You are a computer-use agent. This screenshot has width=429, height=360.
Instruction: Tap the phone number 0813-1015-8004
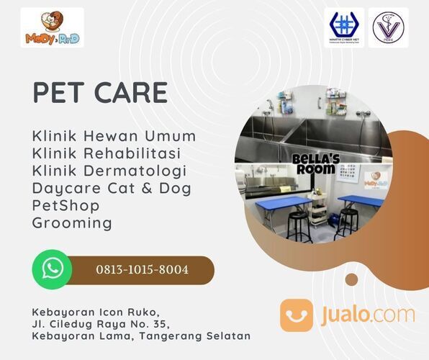143,270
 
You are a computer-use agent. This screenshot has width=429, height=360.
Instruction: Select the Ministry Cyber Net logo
343,27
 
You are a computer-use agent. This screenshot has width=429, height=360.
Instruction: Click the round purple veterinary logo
388,27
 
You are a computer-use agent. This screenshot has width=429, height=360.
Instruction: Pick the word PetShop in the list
66,205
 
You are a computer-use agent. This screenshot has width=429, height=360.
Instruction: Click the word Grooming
72,222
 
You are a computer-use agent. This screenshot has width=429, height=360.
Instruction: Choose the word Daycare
64,188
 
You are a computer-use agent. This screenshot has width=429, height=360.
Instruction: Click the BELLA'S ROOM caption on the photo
314,163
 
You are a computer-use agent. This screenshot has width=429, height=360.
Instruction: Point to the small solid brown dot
352,279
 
